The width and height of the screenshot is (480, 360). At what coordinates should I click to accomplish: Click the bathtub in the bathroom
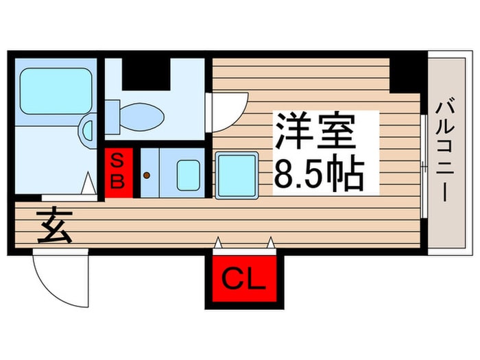56,91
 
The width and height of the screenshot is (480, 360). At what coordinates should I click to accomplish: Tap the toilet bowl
143,117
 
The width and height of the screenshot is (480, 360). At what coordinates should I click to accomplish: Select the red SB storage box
119,173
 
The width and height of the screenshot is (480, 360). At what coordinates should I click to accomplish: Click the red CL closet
244,278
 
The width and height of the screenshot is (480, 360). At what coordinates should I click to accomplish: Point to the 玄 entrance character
55,225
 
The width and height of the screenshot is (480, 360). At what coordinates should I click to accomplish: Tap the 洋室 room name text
315,132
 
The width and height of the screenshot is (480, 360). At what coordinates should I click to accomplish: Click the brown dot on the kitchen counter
147,176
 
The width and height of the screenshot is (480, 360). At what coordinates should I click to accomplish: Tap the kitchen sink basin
189,176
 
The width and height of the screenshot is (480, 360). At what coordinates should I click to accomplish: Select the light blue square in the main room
236,176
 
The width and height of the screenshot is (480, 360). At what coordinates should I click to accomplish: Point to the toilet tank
112,117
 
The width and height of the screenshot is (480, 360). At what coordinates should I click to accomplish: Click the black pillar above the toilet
146,74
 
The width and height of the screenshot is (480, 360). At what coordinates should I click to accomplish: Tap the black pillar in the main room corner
405,75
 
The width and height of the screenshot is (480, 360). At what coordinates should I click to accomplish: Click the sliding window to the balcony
424,166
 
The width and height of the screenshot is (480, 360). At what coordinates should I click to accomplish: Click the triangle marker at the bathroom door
88,183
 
